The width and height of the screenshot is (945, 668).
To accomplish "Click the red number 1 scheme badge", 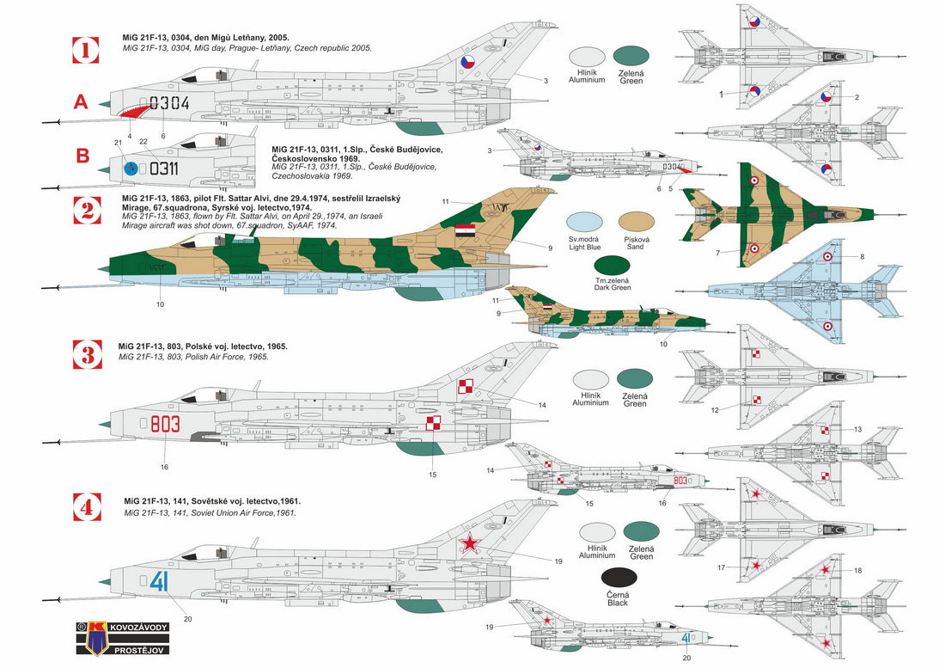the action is tap(86, 50).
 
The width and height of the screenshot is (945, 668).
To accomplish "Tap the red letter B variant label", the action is tap(82, 156).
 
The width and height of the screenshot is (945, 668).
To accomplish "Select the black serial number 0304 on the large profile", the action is tap(169, 103).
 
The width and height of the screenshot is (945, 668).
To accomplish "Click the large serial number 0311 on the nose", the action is tap(163, 169).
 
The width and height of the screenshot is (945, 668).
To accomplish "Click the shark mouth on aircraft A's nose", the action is tap(134, 110).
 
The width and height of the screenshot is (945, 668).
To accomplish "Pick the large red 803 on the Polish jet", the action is tap(165, 424).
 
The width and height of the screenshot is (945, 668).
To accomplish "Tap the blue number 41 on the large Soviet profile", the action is tap(159, 581).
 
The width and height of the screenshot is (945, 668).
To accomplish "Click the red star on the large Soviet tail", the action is tap(469, 543).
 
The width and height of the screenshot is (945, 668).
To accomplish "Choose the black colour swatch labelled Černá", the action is tap(619, 578).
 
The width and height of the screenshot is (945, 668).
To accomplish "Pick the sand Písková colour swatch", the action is tap(637, 223).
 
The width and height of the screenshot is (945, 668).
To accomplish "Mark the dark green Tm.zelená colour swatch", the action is tap(612, 265).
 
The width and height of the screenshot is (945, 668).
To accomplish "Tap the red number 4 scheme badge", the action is tap(87, 507).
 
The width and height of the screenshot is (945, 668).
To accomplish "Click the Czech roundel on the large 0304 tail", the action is tap(468, 62).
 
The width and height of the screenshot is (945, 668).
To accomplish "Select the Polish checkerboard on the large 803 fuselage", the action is tap(433, 423).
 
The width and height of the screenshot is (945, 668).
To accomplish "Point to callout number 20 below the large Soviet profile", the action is tap(187, 619).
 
